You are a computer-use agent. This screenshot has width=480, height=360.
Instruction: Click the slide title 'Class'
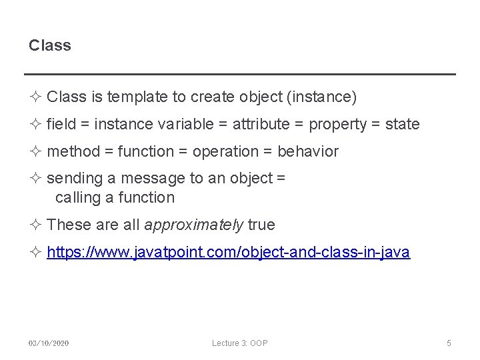coord(50,46)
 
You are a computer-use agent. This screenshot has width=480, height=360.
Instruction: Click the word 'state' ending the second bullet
coord(402,125)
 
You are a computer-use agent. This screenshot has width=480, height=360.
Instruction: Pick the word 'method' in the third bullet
coord(73,152)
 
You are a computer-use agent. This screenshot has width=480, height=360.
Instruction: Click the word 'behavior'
coord(308,152)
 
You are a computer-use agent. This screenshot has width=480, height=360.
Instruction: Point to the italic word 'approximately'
coord(194,225)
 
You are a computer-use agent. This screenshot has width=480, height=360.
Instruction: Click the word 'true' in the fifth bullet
coord(261,225)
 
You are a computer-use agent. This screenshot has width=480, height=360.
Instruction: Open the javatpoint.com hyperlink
coord(229,253)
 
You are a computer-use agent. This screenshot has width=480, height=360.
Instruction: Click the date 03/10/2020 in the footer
coord(49,343)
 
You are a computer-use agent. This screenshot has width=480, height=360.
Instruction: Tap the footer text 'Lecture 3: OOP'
coord(240,343)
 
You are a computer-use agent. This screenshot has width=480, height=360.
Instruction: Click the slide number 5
coord(449,343)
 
